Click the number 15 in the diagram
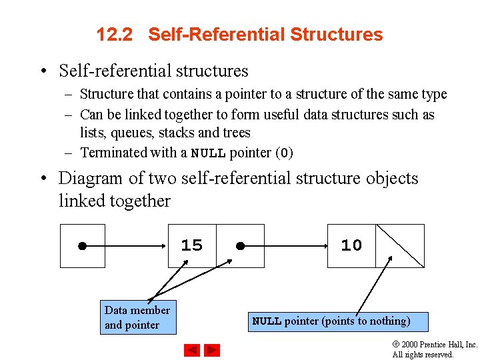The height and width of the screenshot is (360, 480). pyautogui.click(x=191, y=245)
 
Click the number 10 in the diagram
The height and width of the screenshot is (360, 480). pyautogui.click(x=351, y=245)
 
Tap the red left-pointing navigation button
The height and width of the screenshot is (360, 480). pyautogui.click(x=192, y=349)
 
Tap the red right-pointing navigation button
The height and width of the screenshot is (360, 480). pyautogui.click(x=211, y=349)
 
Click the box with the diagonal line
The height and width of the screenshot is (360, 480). pyautogui.click(x=400, y=245)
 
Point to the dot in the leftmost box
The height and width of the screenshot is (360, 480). pyautogui.click(x=81, y=245)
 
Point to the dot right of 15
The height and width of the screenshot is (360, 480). pyautogui.click(x=240, y=245)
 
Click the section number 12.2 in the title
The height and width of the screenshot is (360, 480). pyautogui.click(x=115, y=35)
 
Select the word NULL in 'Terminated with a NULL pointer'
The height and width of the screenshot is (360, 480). pyautogui.click(x=208, y=153)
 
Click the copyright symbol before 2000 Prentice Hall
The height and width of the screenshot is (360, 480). pyautogui.click(x=396, y=345)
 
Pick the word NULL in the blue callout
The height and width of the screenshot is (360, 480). pyautogui.click(x=267, y=321)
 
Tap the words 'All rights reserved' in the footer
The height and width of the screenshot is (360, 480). pyautogui.click(x=423, y=355)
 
